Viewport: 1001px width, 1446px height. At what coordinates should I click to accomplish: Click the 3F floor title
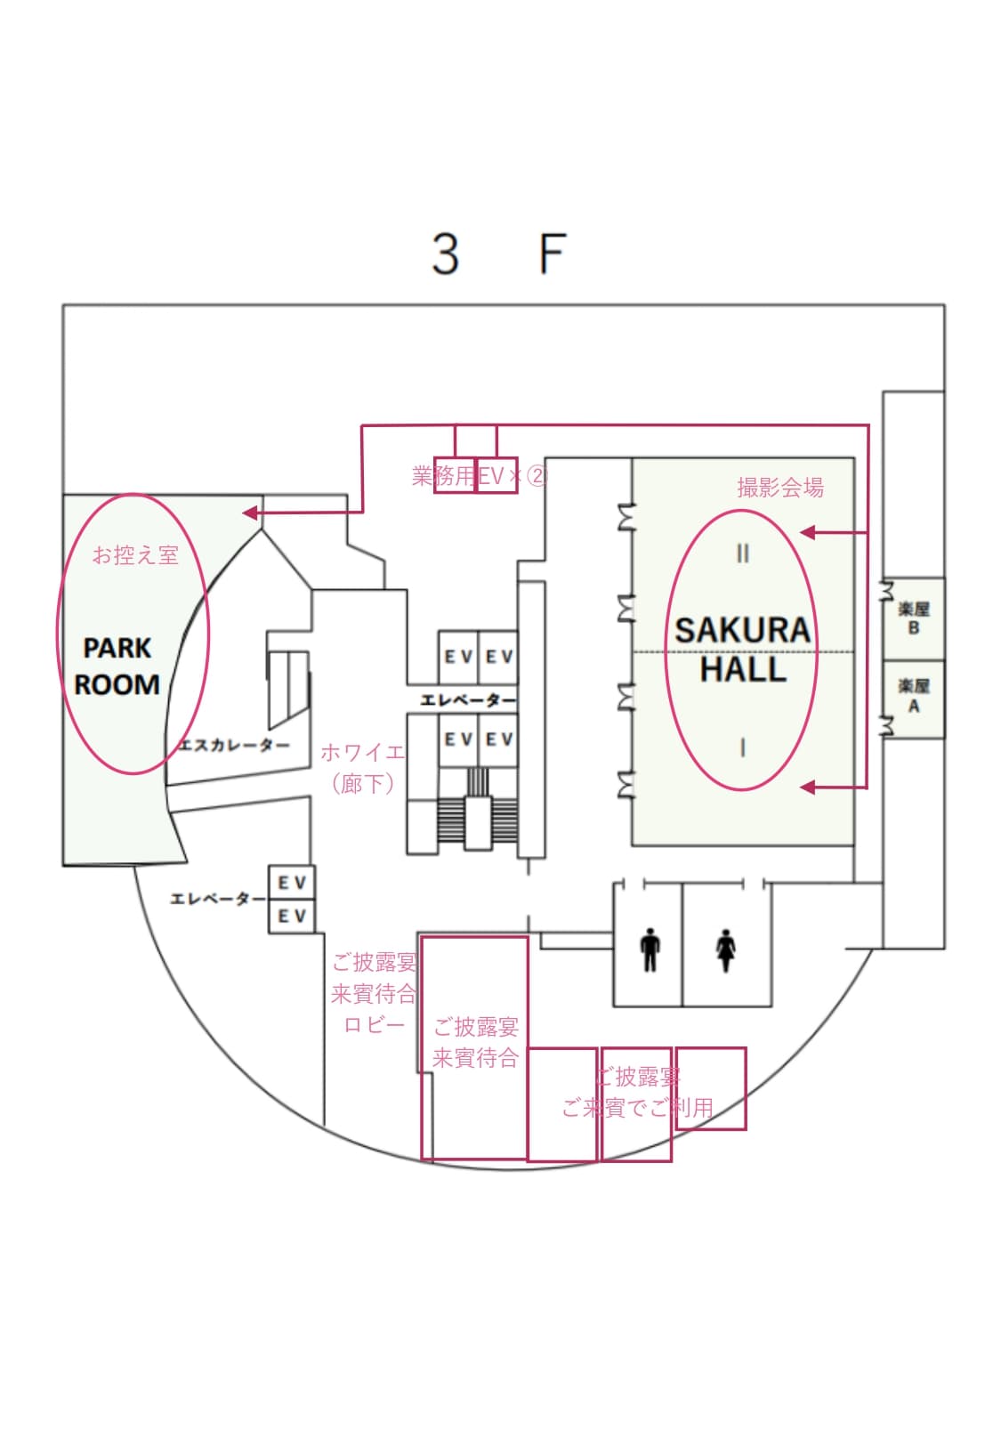pyautogui.click(x=498, y=254)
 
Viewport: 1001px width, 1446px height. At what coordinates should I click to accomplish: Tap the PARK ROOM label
pyautogui.click(x=117, y=666)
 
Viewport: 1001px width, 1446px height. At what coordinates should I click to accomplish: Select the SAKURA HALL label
pyautogui.click(x=742, y=649)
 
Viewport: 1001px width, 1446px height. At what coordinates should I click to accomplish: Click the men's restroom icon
pyautogui.click(x=650, y=950)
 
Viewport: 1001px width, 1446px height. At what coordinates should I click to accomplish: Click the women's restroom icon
pyautogui.click(x=726, y=950)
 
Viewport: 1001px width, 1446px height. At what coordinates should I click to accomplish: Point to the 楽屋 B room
pyautogui.click(x=913, y=618)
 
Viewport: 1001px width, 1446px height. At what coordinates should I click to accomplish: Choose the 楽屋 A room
pyautogui.click(x=913, y=697)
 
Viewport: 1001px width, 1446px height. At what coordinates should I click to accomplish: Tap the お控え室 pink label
pyautogui.click(x=136, y=555)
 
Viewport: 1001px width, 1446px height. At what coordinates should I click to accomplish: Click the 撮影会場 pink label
pyautogui.click(x=780, y=487)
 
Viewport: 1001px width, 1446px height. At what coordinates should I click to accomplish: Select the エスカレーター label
pyautogui.click(x=234, y=745)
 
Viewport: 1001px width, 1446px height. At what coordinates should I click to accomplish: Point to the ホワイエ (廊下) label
pyautogui.click(x=362, y=767)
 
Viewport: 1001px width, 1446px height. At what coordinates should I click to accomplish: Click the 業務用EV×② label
pyautogui.click(x=479, y=476)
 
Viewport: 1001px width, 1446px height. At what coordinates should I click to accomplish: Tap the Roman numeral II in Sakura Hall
pyautogui.click(x=743, y=553)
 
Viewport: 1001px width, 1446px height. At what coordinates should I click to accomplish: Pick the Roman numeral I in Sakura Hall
pyautogui.click(x=743, y=747)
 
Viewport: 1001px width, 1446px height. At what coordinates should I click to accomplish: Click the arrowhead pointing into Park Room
pyautogui.click(x=251, y=513)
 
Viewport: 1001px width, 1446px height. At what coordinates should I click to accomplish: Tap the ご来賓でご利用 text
pyautogui.click(x=637, y=1108)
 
